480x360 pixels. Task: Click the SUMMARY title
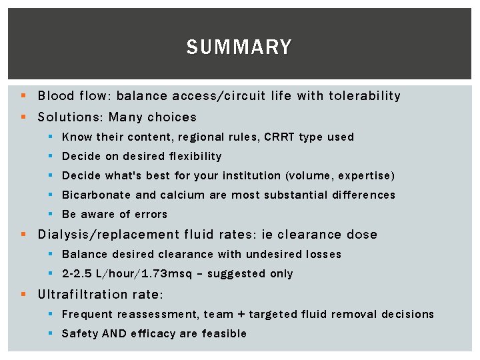click(239, 47)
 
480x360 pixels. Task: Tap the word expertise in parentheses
click(367, 175)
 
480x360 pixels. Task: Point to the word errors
click(151, 214)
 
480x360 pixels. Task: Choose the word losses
click(323, 254)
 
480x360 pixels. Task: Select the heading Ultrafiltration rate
click(100, 294)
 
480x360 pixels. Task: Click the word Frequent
click(87, 314)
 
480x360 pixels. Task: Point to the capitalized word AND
click(114, 333)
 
